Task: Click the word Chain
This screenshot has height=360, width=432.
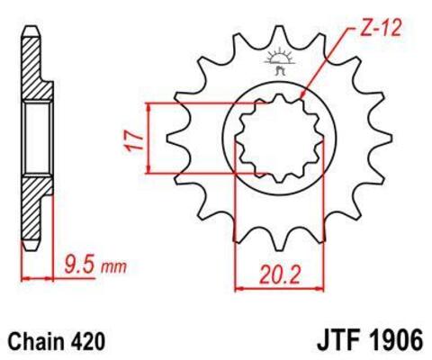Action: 36,342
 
